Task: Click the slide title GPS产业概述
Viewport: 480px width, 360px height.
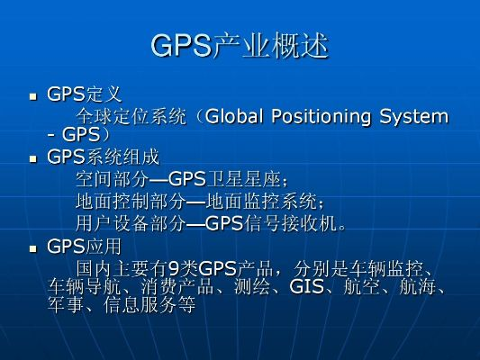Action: pos(240,46)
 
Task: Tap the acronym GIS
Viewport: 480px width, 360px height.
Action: pos(306,287)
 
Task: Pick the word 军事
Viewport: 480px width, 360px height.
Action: pos(64,305)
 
